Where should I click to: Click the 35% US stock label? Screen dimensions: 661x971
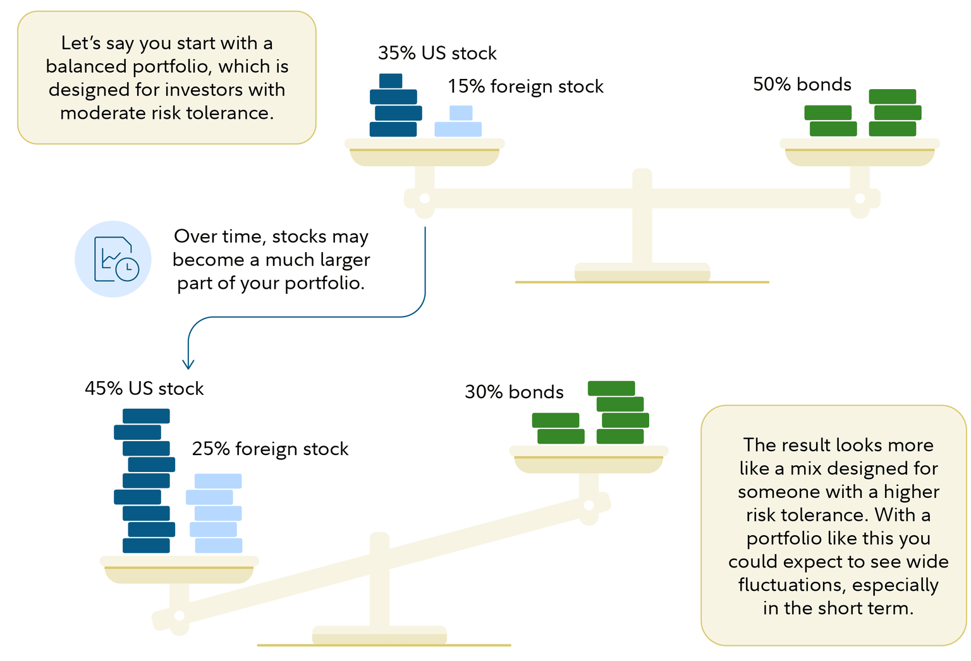click(x=437, y=53)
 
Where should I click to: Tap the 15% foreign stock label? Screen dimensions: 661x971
click(x=525, y=86)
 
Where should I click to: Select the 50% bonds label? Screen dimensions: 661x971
click(x=802, y=84)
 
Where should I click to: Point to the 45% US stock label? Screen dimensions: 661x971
click(x=144, y=388)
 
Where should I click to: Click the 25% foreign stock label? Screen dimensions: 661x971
click(x=270, y=449)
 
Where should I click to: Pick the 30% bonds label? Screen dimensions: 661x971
click(x=514, y=392)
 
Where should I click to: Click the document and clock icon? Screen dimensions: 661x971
click(x=114, y=259)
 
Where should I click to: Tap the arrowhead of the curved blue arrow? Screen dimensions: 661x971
click(x=188, y=364)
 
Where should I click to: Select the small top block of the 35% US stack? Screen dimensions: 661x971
click(x=391, y=81)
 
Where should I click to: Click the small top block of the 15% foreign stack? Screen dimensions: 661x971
click(x=461, y=113)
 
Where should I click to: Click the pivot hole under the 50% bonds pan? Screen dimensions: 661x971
click(x=859, y=198)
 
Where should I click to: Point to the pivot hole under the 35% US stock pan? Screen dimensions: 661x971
click(x=425, y=198)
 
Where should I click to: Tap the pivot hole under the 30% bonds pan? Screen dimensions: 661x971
click(x=589, y=506)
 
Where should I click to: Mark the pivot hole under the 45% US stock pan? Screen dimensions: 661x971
click(x=179, y=616)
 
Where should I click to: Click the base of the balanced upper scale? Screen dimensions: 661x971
click(x=642, y=273)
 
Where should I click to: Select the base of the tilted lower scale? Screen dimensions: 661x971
click(x=379, y=636)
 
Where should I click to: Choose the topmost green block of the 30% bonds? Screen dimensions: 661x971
click(x=611, y=388)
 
